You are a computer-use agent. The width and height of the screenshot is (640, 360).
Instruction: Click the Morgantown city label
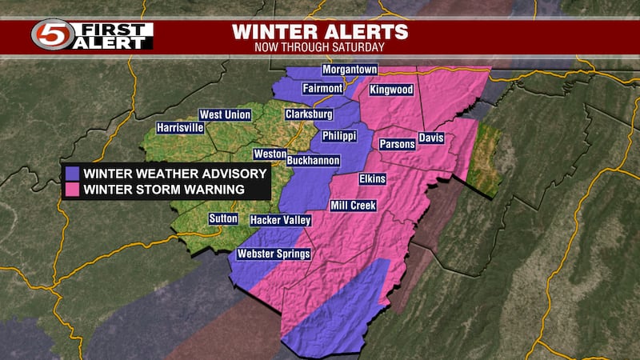(x=350, y=70)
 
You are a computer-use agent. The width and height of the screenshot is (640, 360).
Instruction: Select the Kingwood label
(x=392, y=90)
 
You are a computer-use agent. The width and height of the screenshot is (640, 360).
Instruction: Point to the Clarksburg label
(x=308, y=114)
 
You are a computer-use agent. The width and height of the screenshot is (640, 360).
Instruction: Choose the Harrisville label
(x=180, y=127)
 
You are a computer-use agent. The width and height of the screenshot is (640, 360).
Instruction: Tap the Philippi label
(x=338, y=137)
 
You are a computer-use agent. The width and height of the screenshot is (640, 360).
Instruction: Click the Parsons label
(x=398, y=144)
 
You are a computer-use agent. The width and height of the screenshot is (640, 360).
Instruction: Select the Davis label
(x=430, y=138)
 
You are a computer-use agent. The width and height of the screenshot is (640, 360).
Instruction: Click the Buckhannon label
(x=314, y=160)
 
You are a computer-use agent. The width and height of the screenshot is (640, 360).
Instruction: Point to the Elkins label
(x=374, y=178)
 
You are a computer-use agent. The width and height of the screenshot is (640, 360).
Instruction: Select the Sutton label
(x=223, y=218)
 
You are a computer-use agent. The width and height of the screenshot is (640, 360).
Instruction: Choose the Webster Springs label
(x=273, y=254)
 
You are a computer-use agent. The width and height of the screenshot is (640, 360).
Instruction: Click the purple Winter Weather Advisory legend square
(x=73, y=174)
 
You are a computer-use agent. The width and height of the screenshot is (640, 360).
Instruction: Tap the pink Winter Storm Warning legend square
(x=73, y=190)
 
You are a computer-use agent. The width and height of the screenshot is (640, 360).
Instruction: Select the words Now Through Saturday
(x=319, y=47)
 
